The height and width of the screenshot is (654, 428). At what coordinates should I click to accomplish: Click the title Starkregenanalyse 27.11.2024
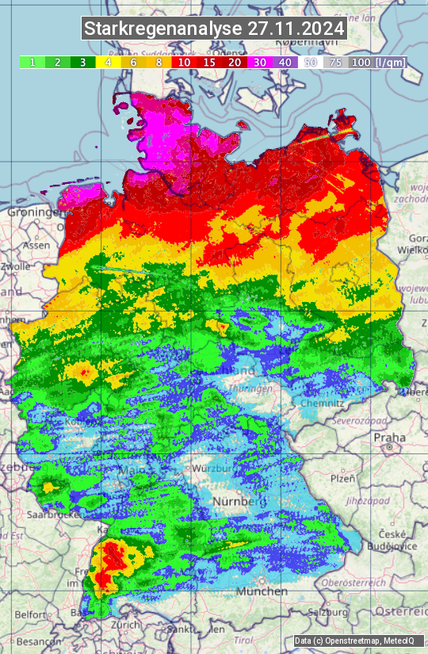point(214,29)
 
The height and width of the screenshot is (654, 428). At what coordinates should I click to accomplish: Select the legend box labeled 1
point(32,62)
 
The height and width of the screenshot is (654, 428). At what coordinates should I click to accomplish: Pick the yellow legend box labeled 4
point(108,62)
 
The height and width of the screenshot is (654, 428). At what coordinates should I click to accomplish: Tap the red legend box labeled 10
point(184,62)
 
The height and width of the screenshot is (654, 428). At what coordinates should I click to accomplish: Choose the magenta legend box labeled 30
point(260,62)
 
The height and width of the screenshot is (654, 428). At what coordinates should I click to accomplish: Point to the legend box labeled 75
point(336,62)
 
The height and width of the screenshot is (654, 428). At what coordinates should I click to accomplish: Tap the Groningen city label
point(34,212)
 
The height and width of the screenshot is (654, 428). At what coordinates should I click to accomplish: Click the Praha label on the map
point(390,437)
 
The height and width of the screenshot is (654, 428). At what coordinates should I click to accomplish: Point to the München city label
point(262,591)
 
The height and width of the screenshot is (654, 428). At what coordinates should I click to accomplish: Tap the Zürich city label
point(126,625)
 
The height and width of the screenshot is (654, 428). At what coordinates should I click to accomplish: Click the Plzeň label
point(342,478)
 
